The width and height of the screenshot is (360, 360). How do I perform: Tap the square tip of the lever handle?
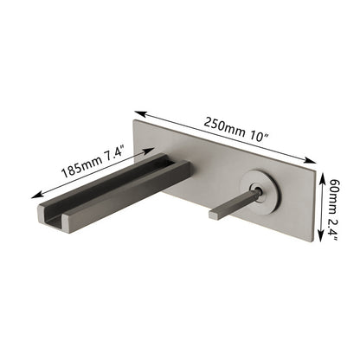(x=213, y=213)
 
